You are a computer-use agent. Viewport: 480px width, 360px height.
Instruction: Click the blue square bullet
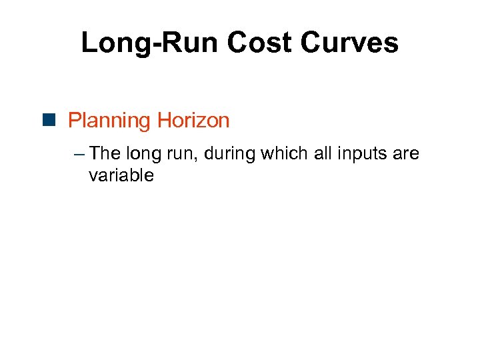(52, 121)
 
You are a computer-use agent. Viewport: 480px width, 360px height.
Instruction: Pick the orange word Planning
(109, 121)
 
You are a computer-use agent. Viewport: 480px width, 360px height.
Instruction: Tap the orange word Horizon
(193, 121)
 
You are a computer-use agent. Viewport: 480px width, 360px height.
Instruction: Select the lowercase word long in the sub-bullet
(145, 155)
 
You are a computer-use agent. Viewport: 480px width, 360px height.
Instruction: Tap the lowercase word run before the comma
(185, 155)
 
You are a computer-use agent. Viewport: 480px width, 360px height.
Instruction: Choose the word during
(231, 155)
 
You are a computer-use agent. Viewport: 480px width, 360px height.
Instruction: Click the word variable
(121, 175)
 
